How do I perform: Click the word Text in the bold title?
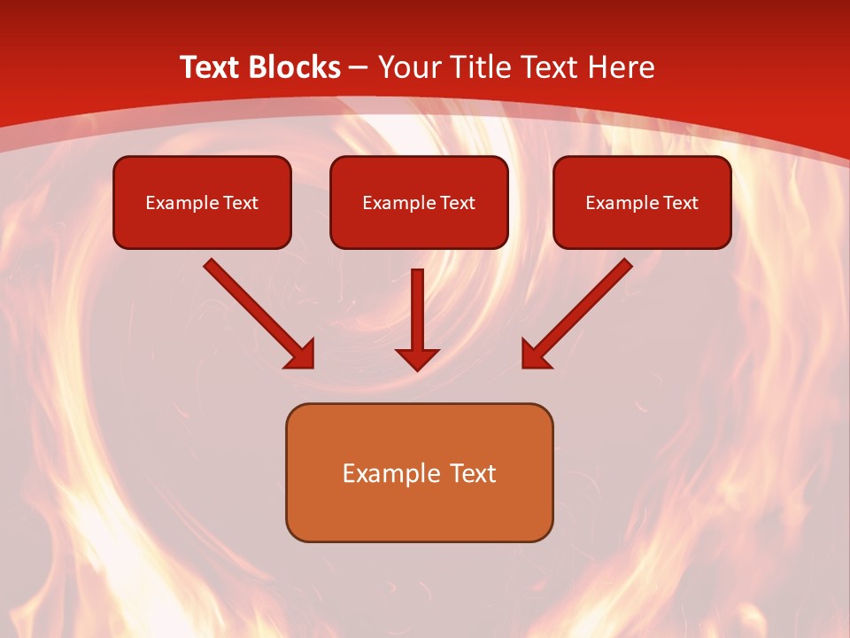[210, 67]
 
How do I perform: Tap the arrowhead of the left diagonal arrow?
[301, 355]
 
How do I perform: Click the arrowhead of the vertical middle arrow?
[417, 359]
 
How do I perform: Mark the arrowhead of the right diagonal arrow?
[534, 355]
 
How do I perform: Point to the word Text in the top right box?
[680, 203]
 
